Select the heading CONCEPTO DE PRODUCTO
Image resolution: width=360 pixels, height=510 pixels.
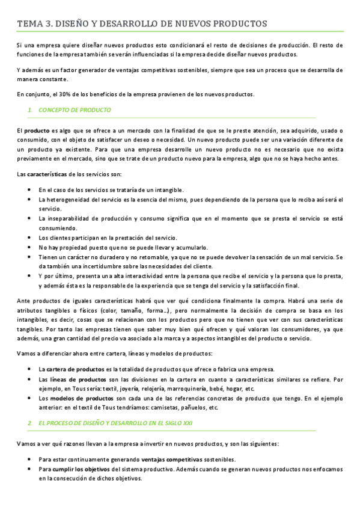(75, 110)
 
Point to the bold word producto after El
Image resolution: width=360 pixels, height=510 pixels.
(37, 131)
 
